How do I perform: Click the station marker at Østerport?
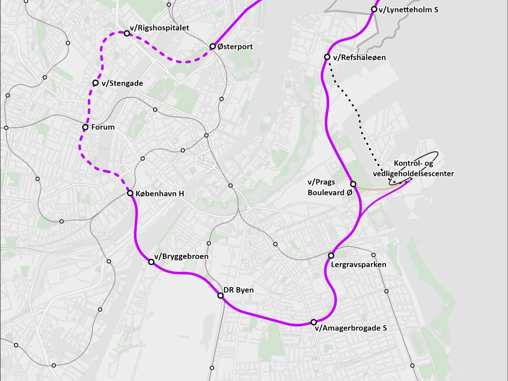tap(213, 46)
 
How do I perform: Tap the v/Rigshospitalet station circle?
tap(127, 33)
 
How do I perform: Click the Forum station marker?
tap(85, 127)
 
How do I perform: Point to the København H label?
tap(159, 194)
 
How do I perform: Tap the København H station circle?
tap(130, 193)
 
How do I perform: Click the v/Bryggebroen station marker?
tap(151, 262)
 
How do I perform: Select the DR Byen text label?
tap(238, 290)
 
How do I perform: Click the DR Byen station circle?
tap(220, 295)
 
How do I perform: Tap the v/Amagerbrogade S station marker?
tap(314, 322)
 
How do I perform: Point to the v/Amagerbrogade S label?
tap(350, 328)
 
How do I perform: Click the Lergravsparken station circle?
tap(331, 255)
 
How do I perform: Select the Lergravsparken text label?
tap(358, 265)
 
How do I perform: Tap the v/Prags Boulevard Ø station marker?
tap(353, 184)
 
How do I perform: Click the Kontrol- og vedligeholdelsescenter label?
tap(413, 169)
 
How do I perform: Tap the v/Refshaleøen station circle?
tap(327, 57)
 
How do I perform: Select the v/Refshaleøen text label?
tap(359, 58)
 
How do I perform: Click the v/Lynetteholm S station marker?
tap(374, 9)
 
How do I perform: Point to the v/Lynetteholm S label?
tap(408, 10)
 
